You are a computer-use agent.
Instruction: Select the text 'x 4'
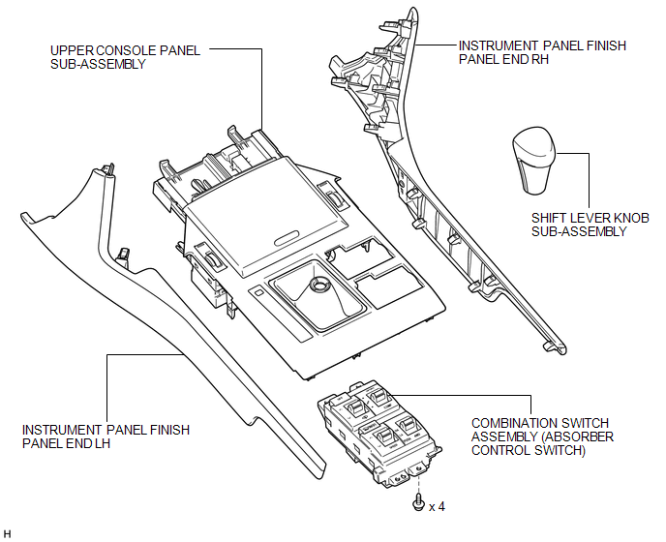click(x=436, y=505)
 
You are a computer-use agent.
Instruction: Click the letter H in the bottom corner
click(x=7, y=533)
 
